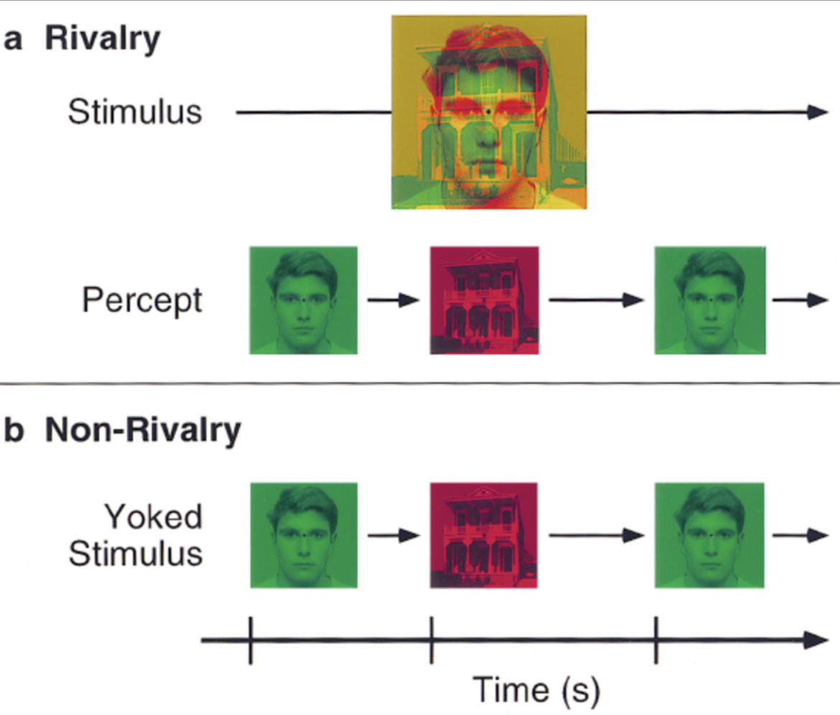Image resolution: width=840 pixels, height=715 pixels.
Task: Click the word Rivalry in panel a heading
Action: [x=103, y=39]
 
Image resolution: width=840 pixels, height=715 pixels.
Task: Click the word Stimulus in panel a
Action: [x=135, y=113]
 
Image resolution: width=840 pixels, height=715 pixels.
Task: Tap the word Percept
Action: [x=142, y=300]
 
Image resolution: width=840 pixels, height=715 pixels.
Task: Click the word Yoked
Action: [x=153, y=517]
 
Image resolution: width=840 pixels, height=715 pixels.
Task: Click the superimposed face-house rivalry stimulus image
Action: [x=489, y=112]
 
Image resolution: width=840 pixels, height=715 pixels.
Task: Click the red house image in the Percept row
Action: [x=484, y=300]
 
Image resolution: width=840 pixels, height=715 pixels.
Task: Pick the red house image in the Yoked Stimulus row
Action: [x=483, y=536]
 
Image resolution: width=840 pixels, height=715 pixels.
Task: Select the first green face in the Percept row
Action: [x=303, y=300]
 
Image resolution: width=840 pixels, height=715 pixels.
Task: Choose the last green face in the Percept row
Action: [x=710, y=300]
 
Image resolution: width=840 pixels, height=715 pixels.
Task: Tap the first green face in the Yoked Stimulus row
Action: [x=303, y=536]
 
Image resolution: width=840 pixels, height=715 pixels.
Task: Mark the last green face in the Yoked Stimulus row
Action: [x=709, y=536]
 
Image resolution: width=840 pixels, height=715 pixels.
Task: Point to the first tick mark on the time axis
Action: [x=250, y=640]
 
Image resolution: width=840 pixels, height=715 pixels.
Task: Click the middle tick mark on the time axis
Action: [x=431, y=640]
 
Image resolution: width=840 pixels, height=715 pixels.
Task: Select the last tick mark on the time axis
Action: [x=655, y=640]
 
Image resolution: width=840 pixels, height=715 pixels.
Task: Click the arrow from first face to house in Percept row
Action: [x=393, y=300]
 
